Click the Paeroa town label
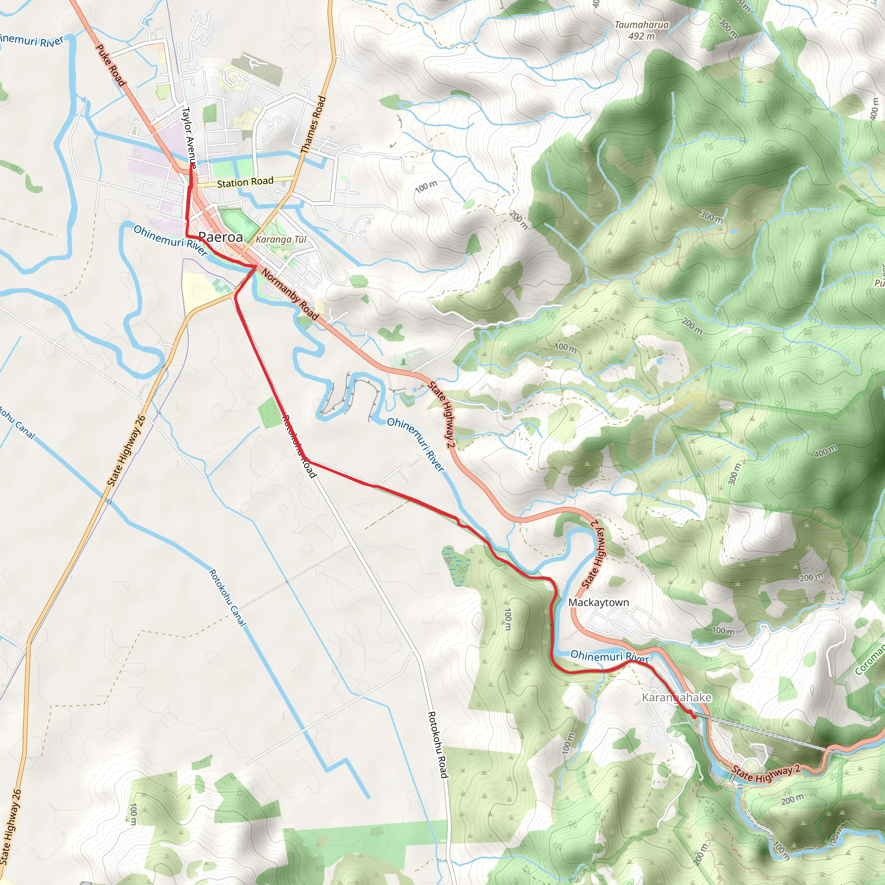click(220, 237)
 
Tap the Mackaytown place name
click(598, 602)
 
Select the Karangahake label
click(676, 697)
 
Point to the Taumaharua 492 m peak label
click(641, 30)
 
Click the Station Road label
click(245, 182)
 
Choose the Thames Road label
click(314, 124)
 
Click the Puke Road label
click(110, 65)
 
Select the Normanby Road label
click(290, 294)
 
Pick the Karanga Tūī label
click(281, 239)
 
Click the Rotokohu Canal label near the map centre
click(228, 598)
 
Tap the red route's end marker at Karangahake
click(694, 716)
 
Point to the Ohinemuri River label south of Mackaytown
click(610, 656)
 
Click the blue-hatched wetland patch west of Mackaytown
click(456, 566)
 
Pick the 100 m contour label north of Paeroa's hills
click(426, 186)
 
